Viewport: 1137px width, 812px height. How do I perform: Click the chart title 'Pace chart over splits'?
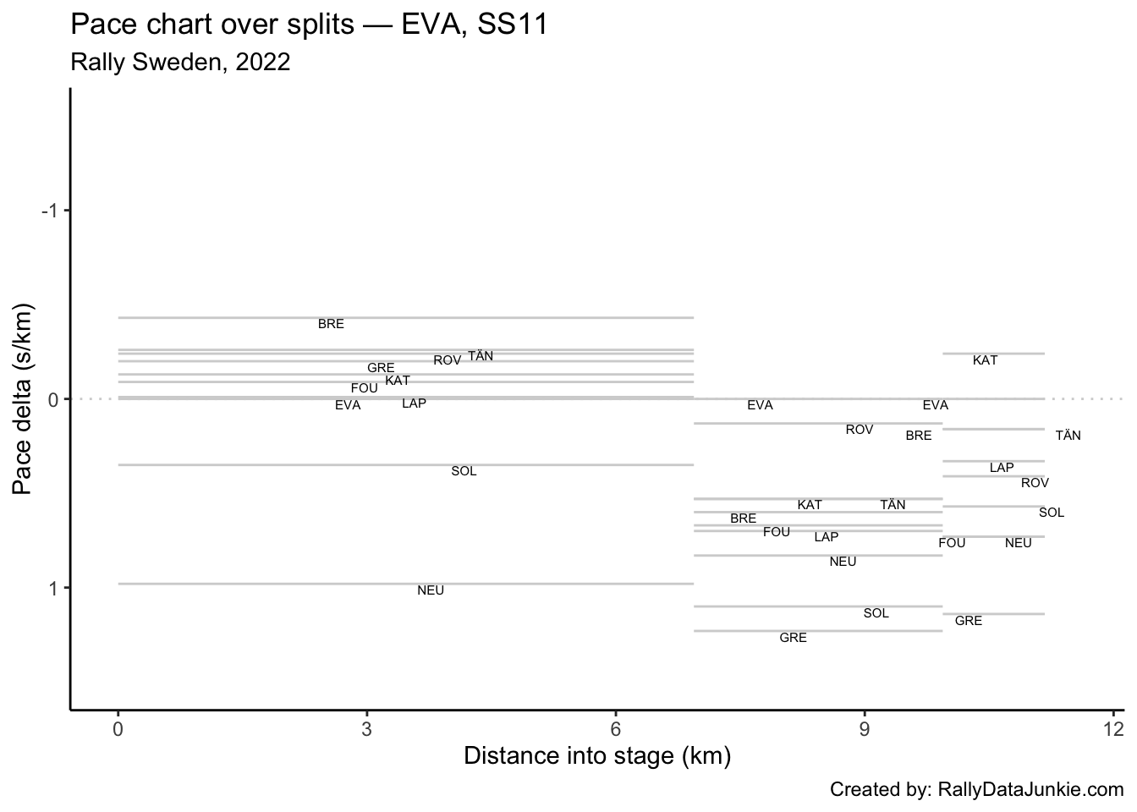[211, 25]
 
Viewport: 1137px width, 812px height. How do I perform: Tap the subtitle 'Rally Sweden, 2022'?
[180, 62]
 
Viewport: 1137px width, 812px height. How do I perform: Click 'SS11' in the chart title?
[513, 25]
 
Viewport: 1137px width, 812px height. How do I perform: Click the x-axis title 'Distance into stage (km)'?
[597, 755]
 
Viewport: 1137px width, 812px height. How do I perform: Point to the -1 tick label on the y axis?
[51, 211]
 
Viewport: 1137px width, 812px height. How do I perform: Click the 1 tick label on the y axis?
[55, 588]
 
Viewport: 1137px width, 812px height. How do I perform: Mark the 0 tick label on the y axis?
[55, 399]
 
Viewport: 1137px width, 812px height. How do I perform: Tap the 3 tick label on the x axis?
[366, 730]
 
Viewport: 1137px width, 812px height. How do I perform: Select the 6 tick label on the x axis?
[616, 730]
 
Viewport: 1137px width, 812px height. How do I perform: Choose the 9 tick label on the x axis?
[865, 730]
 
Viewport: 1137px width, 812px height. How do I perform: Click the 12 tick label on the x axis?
[1113, 730]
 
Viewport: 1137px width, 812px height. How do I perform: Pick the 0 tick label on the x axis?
[118, 730]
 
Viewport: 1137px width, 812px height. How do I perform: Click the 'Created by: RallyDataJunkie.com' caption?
[976, 790]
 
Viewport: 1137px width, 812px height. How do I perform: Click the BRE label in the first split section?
[331, 324]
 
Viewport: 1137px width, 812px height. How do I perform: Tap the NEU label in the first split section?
[431, 590]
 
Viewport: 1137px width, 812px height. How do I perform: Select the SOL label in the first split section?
[464, 471]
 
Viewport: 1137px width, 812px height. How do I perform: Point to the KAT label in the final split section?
[985, 360]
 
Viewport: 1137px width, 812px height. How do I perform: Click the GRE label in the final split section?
[968, 621]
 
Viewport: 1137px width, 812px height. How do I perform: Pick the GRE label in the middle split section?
[793, 638]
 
